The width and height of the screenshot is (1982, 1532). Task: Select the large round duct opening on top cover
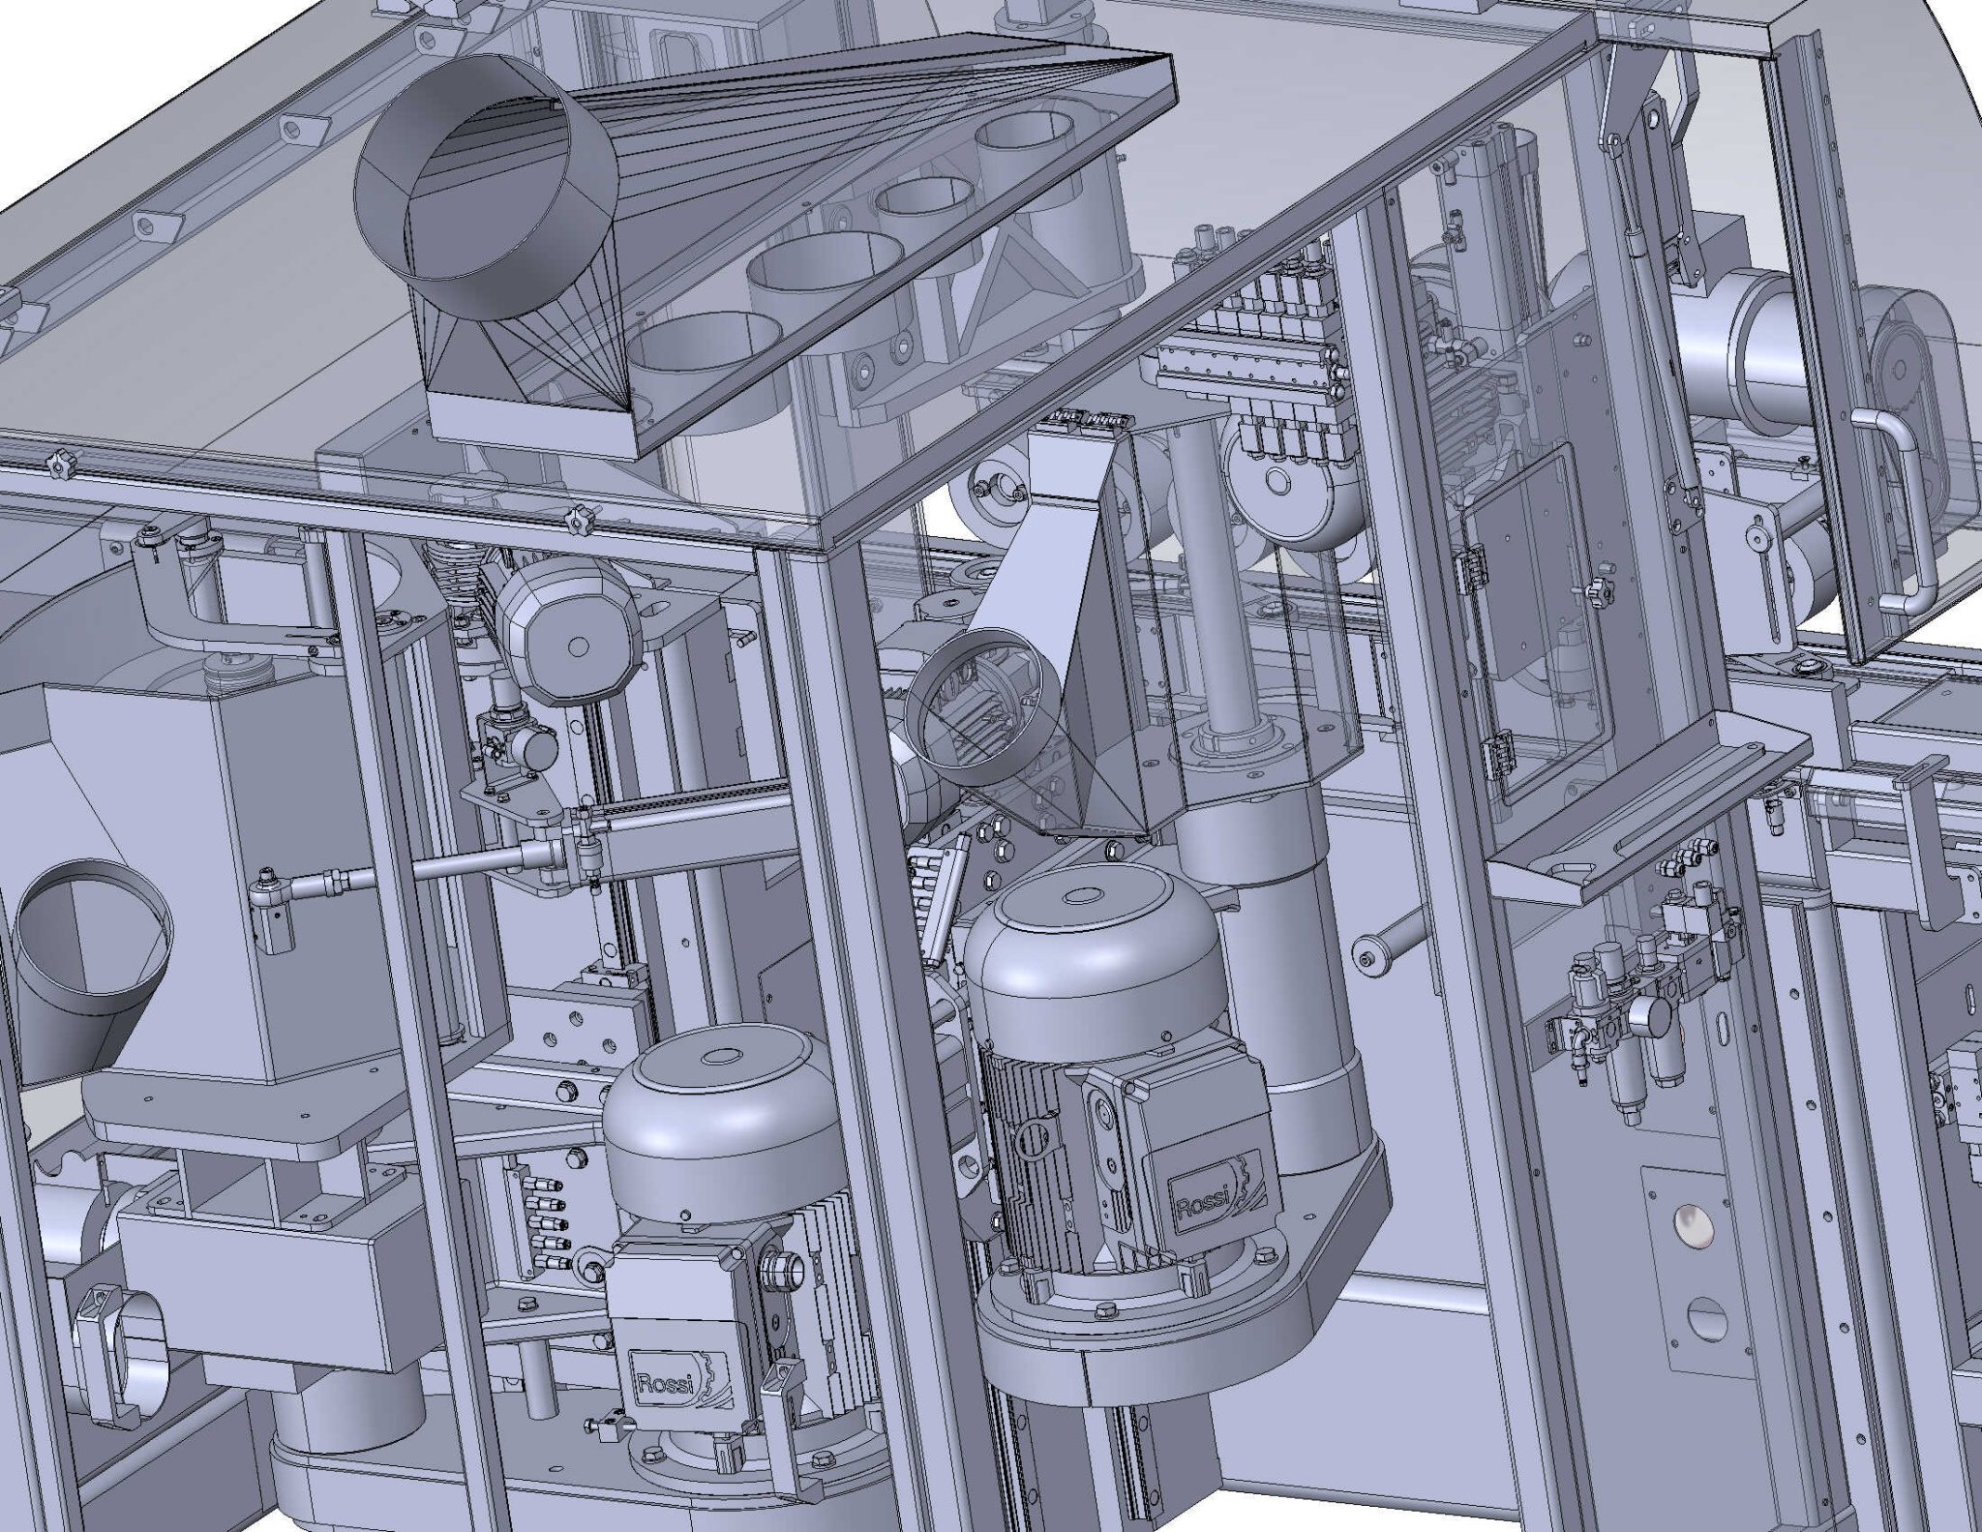click(x=487, y=184)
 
